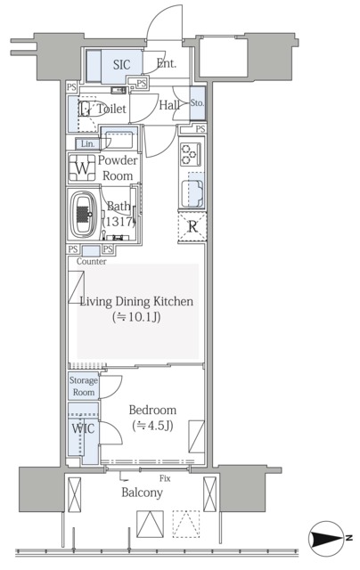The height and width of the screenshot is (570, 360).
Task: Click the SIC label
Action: pyautogui.click(x=121, y=65)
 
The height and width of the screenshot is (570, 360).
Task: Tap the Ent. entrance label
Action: pyautogui.click(x=167, y=63)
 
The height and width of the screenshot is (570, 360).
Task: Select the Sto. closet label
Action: pyautogui.click(x=197, y=103)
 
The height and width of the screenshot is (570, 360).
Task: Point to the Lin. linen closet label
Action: pyautogui.click(x=87, y=144)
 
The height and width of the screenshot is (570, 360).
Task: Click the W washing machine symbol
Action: pyautogui.click(x=83, y=168)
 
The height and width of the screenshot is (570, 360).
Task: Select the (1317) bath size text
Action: pyautogui.click(x=119, y=222)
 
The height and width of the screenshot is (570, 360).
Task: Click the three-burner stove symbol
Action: pyautogui.click(x=191, y=154)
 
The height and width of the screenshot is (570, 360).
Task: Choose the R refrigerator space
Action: pyautogui.click(x=192, y=227)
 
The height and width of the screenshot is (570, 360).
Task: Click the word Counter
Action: pyautogui.click(x=92, y=261)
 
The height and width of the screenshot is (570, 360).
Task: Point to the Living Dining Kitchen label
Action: pyautogui.click(x=136, y=302)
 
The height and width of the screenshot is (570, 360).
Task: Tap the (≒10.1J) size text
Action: pyautogui.click(x=136, y=317)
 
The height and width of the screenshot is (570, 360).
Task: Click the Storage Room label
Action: pyautogui.click(x=84, y=386)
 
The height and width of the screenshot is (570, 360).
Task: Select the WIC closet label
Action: pyautogui.click(x=83, y=428)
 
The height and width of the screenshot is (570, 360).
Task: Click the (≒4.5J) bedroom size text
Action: pyautogui.click(x=152, y=425)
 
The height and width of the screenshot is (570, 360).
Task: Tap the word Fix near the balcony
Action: pyautogui.click(x=165, y=478)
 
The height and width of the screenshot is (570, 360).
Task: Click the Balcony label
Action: pyautogui.click(x=142, y=493)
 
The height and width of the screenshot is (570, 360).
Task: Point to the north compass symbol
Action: pyautogui.click(x=327, y=538)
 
